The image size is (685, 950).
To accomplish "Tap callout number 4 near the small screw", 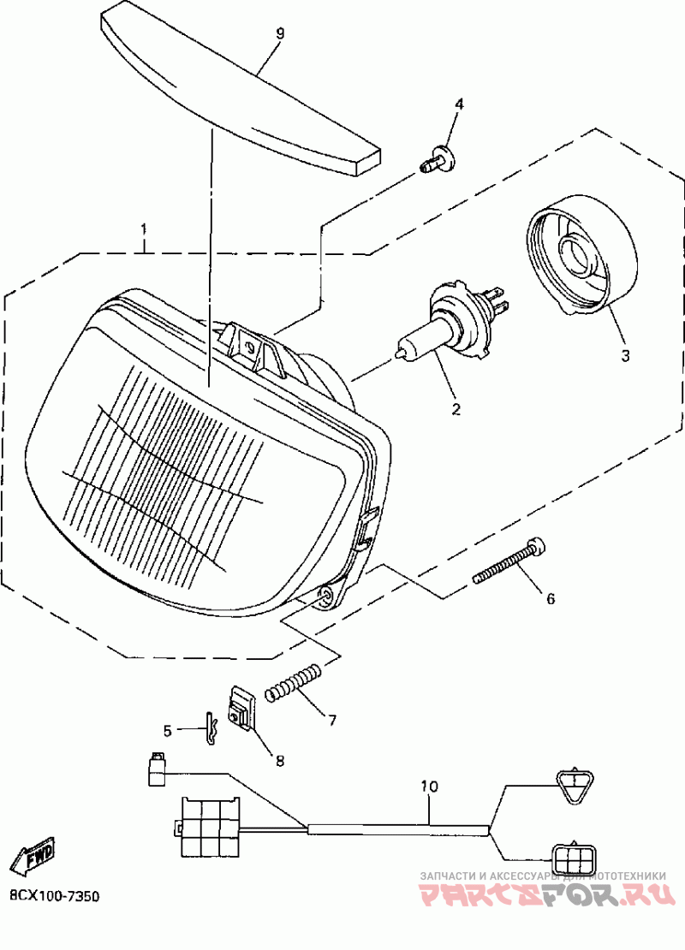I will [x=459, y=104].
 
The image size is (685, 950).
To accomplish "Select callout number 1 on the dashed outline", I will [x=144, y=229].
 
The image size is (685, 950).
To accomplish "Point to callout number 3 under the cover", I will [x=625, y=354].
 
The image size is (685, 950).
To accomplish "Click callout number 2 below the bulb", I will [x=456, y=409].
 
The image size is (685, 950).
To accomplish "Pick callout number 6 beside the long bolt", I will [x=550, y=599].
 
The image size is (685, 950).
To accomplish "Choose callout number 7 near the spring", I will [x=331, y=720].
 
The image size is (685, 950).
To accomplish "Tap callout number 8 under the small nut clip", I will [x=279, y=759].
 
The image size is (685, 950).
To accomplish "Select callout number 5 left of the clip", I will [x=168, y=730].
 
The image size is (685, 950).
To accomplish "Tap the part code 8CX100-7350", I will [x=55, y=897].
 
